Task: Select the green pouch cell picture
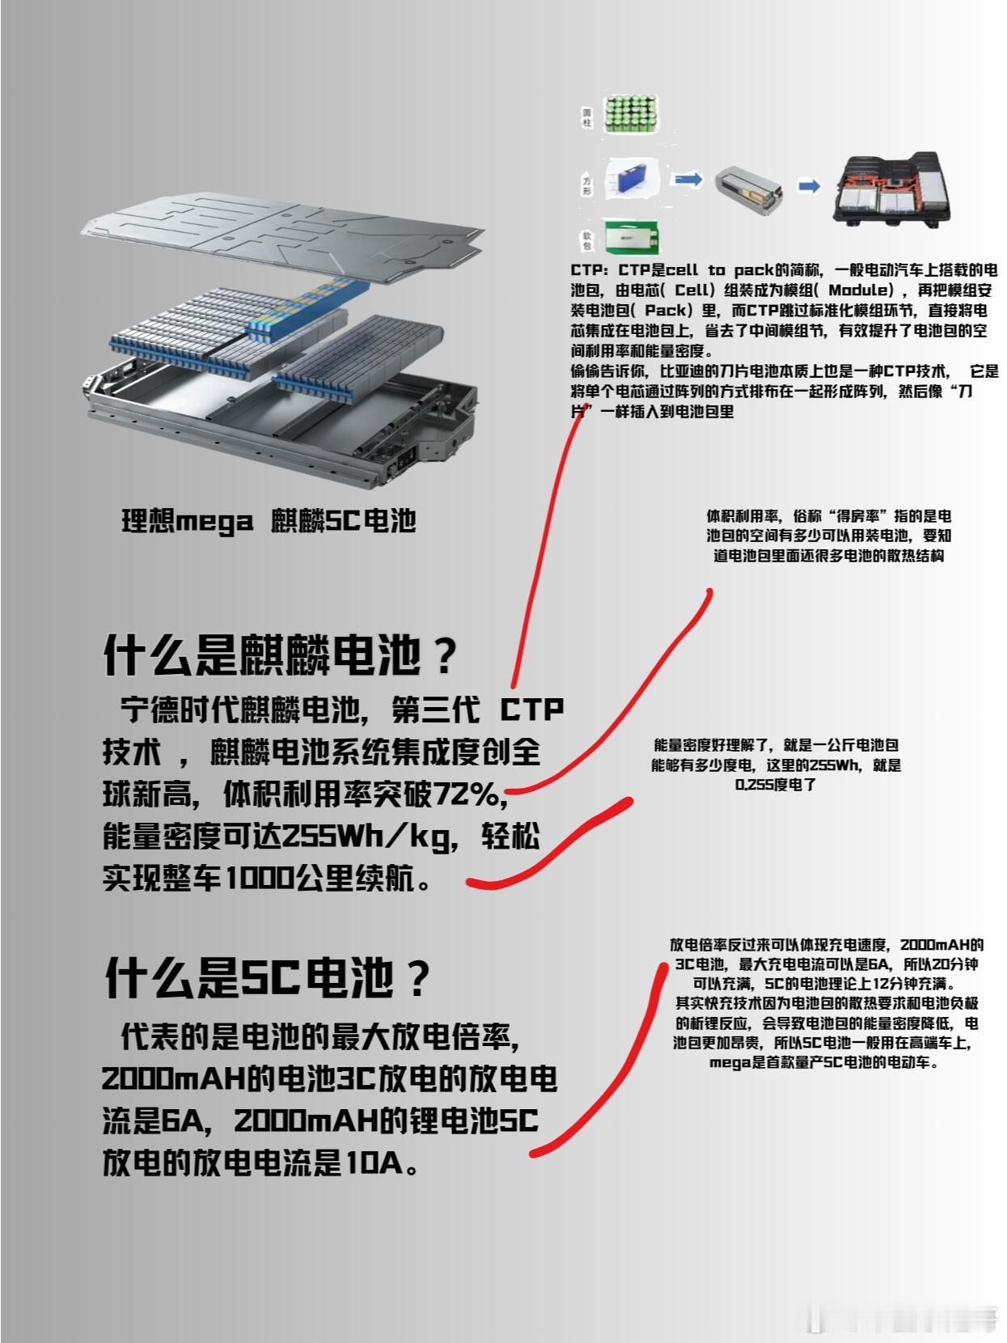[633, 236]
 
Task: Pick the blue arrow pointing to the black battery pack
[809, 185]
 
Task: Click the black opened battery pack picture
[892, 189]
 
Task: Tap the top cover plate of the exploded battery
[282, 235]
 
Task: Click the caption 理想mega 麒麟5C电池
[269, 521]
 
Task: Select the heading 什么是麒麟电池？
[281, 655]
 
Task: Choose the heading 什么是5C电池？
[268, 977]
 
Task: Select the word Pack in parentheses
[665, 310]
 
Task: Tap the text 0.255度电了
[776, 785]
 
